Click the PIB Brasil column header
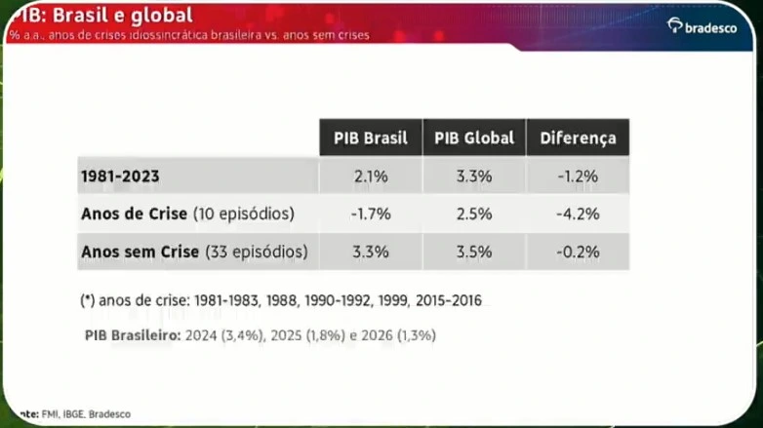coord(370,137)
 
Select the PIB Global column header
coord(474,137)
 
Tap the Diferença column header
coord(578,137)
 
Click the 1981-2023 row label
coord(120,176)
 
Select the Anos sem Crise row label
coord(194,252)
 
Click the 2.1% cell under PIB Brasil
coord(370,176)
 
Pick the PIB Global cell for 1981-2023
coord(474,176)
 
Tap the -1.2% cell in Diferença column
coord(578,176)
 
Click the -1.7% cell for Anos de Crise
coord(370,214)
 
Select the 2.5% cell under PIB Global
coord(474,214)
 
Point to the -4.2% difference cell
coord(578,214)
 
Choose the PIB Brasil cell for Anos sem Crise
coord(370,252)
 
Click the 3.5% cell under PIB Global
coord(474,252)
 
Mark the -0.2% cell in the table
coord(578,252)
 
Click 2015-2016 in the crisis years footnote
coord(447,300)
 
